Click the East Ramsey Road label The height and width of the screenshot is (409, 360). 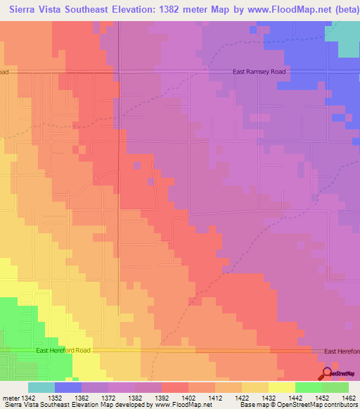261,72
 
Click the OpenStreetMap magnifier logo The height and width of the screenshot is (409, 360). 328,374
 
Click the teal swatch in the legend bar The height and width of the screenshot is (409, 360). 41,387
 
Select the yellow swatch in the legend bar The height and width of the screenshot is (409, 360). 281,387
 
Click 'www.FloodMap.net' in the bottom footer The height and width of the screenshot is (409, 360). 182,405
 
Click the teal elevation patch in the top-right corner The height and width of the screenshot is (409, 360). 345,38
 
